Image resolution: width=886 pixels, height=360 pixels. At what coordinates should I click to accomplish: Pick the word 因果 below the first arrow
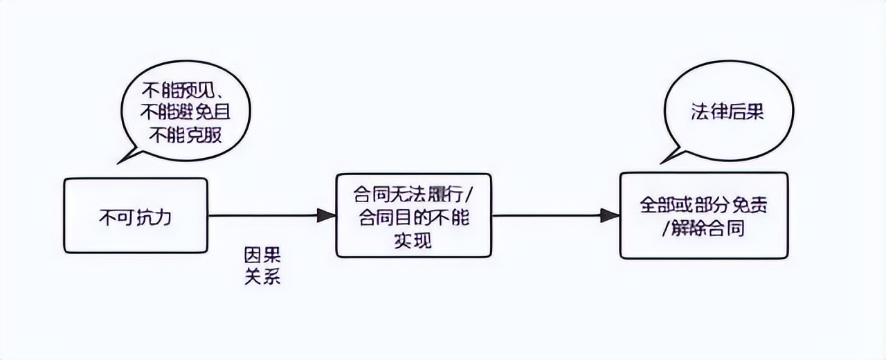(262, 254)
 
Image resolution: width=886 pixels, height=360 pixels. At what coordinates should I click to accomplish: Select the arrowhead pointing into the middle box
(326, 215)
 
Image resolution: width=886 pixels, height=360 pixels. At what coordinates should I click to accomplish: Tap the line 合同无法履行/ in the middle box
(414, 193)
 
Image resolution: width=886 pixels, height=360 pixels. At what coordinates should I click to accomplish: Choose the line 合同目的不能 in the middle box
(414, 217)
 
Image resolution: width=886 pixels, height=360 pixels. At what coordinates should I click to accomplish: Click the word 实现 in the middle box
(414, 240)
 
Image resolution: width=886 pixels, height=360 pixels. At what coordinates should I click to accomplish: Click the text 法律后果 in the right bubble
(727, 113)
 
